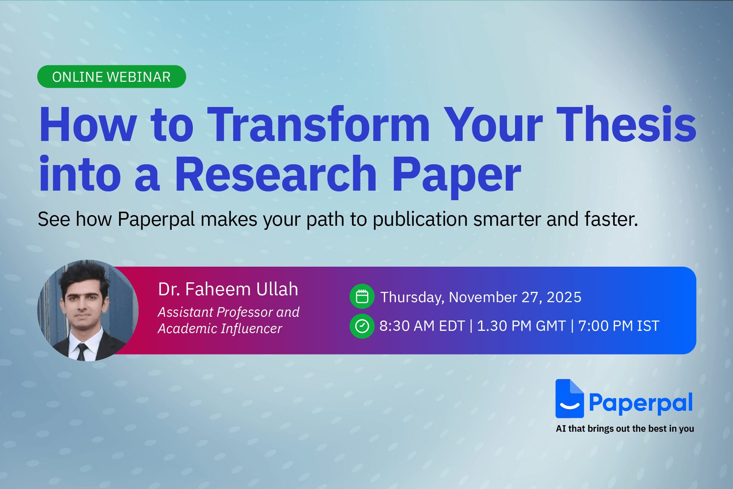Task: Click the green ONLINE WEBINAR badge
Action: click(111, 77)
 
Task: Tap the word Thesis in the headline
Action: click(626, 125)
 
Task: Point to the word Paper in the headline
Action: click(456, 175)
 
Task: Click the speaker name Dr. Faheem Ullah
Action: click(228, 289)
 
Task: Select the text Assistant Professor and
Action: click(228, 312)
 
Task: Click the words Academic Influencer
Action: click(220, 329)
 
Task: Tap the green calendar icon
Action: click(362, 296)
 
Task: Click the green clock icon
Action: click(362, 326)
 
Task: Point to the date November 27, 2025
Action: click(515, 297)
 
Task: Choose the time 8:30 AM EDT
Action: click(422, 326)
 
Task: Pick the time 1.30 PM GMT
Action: click(521, 326)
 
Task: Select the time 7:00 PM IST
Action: click(618, 326)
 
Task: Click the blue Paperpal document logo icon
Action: click(569, 399)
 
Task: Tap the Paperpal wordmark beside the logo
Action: click(641, 403)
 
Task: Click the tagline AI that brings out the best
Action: click(625, 429)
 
